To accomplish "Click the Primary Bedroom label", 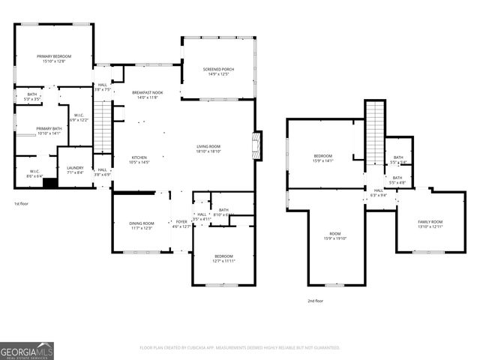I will (x=54, y=57).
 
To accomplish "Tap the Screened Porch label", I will (x=219, y=70).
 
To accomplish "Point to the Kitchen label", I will (x=140, y=157).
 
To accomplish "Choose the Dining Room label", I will (x=142, y=223).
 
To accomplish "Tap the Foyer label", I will (x=181, y=222).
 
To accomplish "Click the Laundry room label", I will (x=75, y=168).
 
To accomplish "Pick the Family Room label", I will (x=430, y=222).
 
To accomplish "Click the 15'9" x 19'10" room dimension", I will (x=334, y=238).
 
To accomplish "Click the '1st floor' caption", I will (x=21, y=203).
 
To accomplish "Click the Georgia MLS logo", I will (x=27, y=349).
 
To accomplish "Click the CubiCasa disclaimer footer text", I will (x=240, y=348).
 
